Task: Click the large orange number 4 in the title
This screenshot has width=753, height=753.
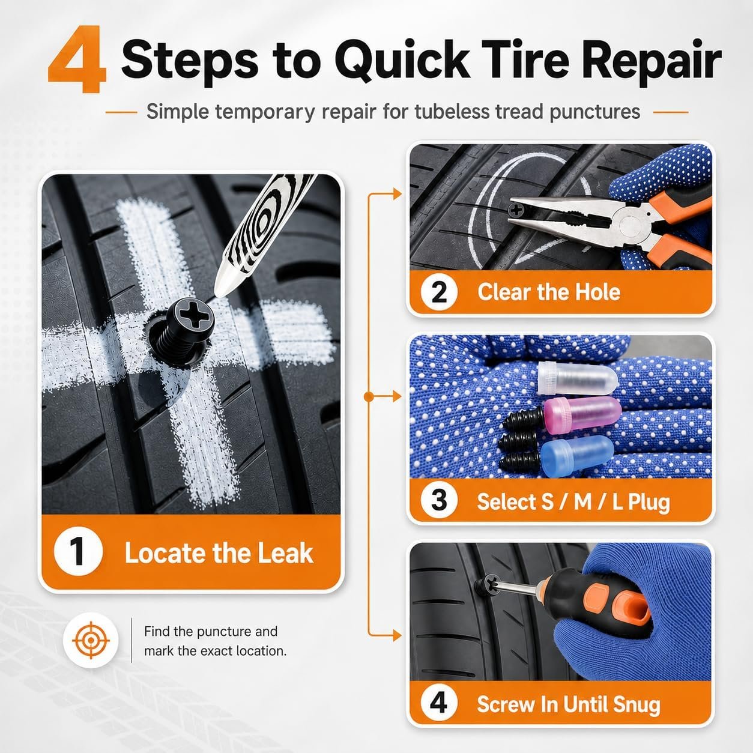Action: point(77,59)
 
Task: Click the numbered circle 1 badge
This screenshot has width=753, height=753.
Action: point(78,552)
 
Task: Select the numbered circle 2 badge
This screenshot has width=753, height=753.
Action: point(439,292)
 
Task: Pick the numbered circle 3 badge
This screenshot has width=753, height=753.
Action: point(439,501)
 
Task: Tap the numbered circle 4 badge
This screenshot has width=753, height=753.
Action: point(439,704)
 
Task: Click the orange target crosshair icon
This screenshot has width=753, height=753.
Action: point(91,640)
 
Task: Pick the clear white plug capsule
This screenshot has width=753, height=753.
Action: point(578,378)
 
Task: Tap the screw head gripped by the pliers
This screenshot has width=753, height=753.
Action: point(517,210)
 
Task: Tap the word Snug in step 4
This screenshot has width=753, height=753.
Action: point(637,704)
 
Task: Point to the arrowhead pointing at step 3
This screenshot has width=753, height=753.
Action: point(397,397)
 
